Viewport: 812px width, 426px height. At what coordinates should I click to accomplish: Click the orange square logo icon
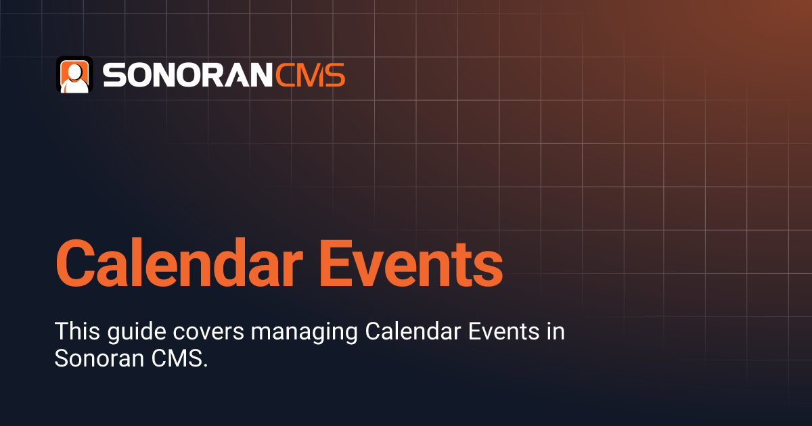[74, 75]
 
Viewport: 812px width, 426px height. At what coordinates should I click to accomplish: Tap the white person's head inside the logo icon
[74, 70]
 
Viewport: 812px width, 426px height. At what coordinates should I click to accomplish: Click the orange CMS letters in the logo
[311, 75]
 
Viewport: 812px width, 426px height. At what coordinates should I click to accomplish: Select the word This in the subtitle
[74, 332]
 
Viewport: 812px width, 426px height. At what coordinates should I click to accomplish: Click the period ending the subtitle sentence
[204, 366]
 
